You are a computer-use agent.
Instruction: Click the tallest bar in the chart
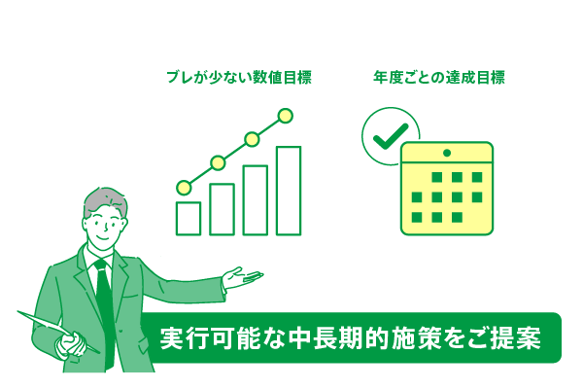click(x=288, y=189)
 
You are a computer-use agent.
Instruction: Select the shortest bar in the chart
click(x=188, y=217)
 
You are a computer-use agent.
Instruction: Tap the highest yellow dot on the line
click(x=285, y=116)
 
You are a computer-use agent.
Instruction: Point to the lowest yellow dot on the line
click(x=184, y=187)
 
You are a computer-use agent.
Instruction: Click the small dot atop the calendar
click(x=447, y=154)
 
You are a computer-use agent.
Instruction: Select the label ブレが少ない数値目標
click(x=239, y=78)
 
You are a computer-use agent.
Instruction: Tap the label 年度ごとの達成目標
click(x=439, y=78)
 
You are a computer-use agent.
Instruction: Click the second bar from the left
click(x=222, y=208)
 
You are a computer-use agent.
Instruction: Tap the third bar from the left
click(x=255, y=198)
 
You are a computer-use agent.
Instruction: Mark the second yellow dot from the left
click(x=218, y=162)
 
